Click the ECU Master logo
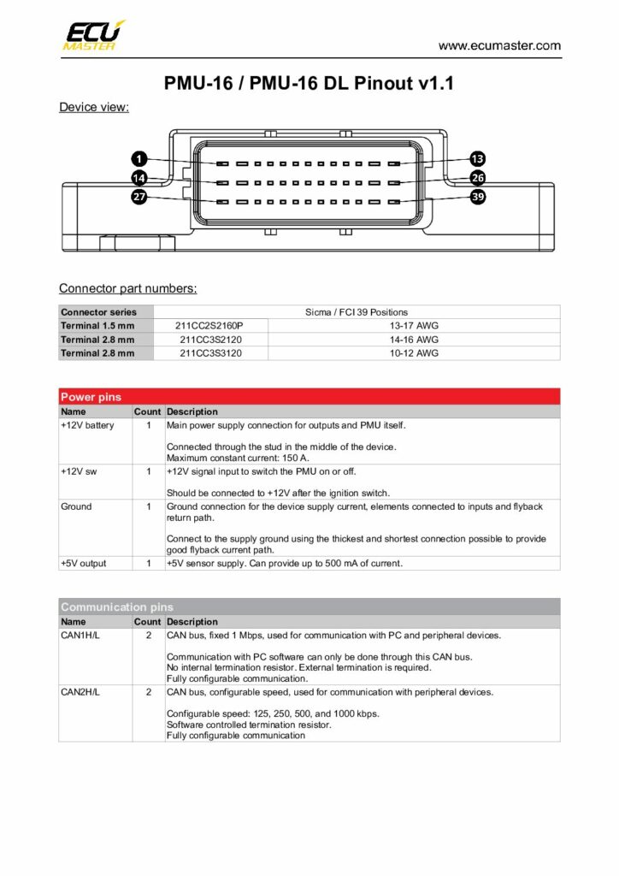click(x=93, y=35)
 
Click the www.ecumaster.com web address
click(x=499, y=45)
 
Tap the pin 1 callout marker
click(x=139, y=159)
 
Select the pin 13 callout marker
click(x=478, y=159)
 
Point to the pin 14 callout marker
click(x=139, y=178)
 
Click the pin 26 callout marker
click(x=478, y=178)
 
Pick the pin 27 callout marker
click(x=139, y=198)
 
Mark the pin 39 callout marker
click(x=478, y=198)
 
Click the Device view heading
click(x=93, y=108)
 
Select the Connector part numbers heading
click(x=127, y=288)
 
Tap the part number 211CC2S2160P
click(x=210, y=326)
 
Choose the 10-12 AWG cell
click(x=414, y=353)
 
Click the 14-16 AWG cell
click(x=414, y=340)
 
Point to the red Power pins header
click(x=309, y=397)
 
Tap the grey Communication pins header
click(x=309, y=607)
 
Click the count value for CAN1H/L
click(x=149, y=636)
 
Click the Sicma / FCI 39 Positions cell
click(x=357, y=312)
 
